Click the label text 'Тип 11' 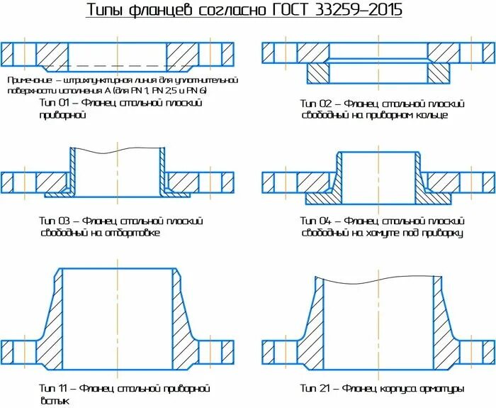54,389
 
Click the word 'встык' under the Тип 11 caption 54,401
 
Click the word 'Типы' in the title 101,11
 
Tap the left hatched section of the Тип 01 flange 51,55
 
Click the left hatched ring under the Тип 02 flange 317,72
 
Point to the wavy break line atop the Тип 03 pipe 118,150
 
